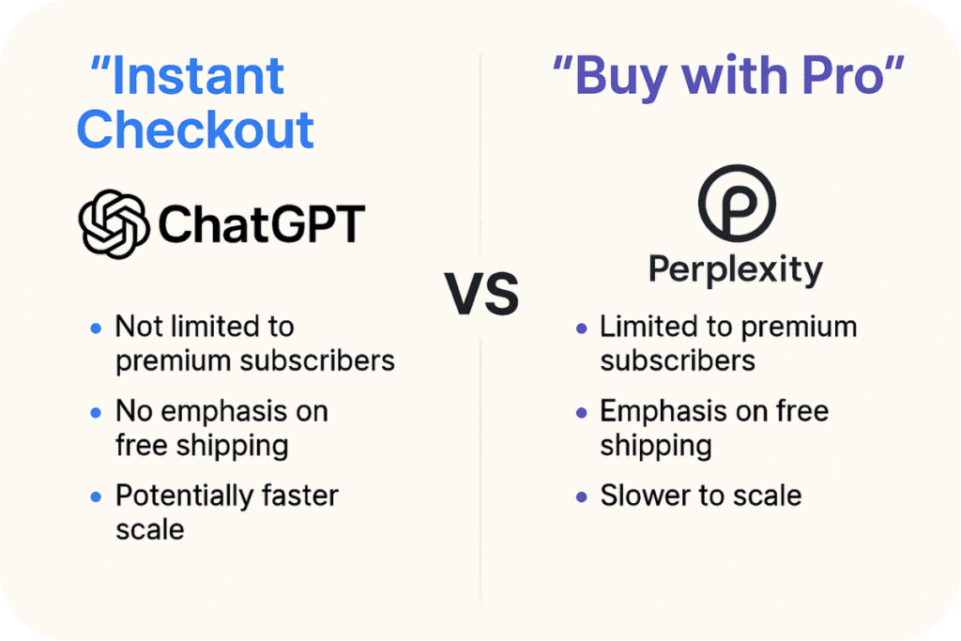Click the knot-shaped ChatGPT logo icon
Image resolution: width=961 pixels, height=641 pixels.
pos(113,224)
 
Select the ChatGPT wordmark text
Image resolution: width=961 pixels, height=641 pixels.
pos(261,225)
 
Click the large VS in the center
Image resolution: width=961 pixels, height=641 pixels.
pos(481,294)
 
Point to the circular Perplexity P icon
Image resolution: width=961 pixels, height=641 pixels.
pos(737,207)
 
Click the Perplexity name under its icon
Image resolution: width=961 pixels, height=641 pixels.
pos(736,270)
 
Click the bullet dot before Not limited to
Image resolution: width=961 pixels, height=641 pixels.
pos(96,328)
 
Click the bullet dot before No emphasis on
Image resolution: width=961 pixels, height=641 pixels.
pos(96,413)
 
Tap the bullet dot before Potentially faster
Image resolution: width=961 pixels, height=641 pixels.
pos(96,496)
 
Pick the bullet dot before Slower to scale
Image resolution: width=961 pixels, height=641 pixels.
pos(581,496)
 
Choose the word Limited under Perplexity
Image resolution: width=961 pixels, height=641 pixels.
pos(648,328)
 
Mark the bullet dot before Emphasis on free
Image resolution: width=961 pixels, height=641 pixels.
pos(581,413)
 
